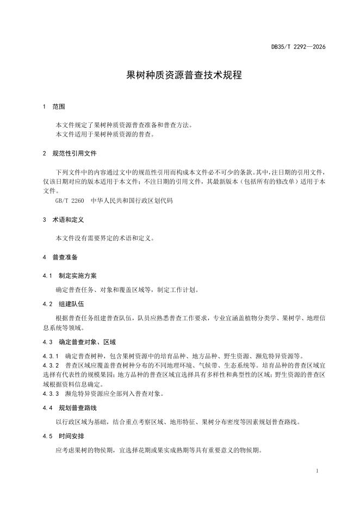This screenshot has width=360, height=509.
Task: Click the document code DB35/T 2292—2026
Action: (299, 47)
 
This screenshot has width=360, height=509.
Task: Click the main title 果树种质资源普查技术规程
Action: (180, 76)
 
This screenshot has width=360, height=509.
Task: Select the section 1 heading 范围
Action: (59, 107)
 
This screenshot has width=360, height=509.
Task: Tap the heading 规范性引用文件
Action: (75, 153)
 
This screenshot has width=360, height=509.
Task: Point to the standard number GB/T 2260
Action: (70, 201)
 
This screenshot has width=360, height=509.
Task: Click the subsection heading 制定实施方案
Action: (78, 276)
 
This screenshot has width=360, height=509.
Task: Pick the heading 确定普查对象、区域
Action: (87, 342)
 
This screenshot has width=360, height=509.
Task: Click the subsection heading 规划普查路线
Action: (78, 407)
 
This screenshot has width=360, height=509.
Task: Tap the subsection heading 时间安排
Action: (71, 436)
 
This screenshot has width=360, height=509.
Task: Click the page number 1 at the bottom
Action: (317, 470)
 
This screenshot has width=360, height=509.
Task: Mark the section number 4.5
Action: (47, 436)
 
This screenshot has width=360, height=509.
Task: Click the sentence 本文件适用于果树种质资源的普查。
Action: (105, 134)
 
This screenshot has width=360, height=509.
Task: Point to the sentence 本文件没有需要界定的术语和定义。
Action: (105, 238)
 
